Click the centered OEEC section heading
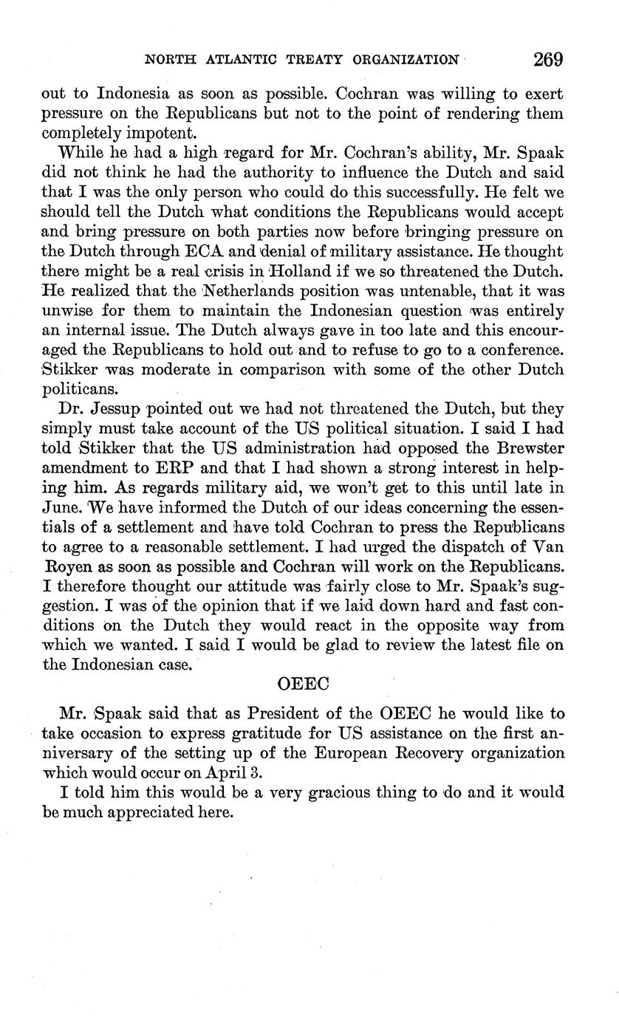pyautogui.click(x=303, y=684)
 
